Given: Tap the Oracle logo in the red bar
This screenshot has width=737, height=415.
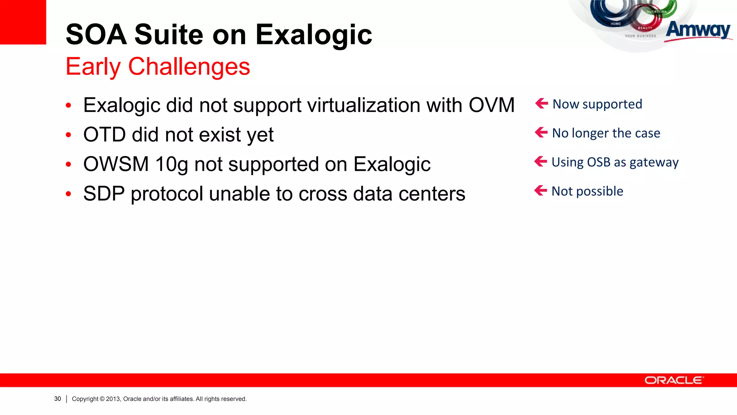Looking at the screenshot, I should (x=673, y=380).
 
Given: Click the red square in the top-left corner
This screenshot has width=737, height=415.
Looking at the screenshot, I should (x=23, y=22).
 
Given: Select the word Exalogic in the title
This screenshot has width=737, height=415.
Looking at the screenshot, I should (x=313, y=35).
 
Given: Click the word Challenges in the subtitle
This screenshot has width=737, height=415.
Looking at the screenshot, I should (x=189, y=67).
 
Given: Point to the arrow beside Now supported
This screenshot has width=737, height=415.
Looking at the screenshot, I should (x=542, y=103).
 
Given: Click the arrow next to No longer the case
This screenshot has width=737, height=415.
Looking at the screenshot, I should (x=541, y=133).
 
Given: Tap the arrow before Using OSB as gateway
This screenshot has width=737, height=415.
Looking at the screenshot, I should (x=541, y=161).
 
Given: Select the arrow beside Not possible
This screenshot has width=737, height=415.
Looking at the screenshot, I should (x=541, y=190).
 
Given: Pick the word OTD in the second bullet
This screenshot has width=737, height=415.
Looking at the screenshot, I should (x=104, y=135).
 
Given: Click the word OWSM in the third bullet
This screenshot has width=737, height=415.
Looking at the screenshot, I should (x=116, y=164).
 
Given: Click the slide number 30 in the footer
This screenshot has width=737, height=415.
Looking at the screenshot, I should (x=58, y=399).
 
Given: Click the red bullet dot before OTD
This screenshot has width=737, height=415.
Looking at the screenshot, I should (x=69, y=135).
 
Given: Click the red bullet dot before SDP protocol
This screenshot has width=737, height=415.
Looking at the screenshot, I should (x=69, y=195).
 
